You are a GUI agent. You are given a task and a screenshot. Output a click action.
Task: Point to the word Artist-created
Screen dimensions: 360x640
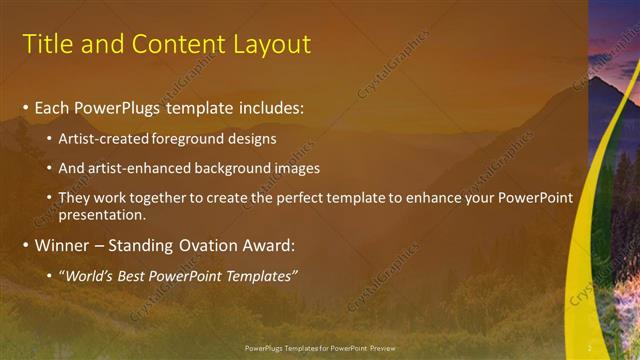point(106,138)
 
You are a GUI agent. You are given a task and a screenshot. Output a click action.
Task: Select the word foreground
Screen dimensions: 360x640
point(191,138)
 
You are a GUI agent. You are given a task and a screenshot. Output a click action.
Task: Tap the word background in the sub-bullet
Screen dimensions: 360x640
point(226,168)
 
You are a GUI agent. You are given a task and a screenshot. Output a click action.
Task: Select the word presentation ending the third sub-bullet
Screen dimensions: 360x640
point(104,214)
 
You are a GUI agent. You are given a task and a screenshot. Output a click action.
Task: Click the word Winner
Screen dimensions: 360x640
point(62,245)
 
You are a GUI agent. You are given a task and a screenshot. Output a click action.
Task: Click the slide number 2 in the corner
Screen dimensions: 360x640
point(590,347)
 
